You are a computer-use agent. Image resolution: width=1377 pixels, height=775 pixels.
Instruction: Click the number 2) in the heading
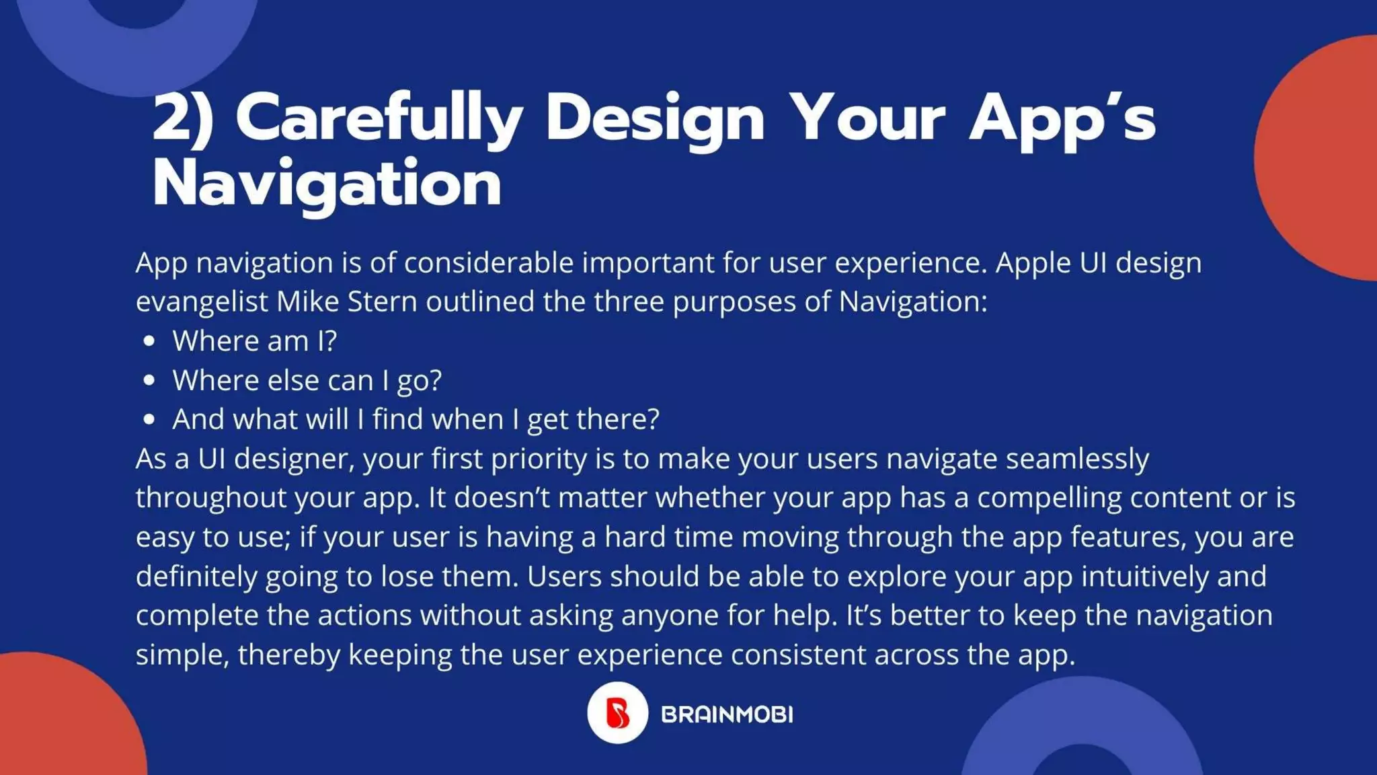point(183,118)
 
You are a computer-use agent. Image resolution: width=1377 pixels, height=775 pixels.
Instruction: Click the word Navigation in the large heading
point(327,184)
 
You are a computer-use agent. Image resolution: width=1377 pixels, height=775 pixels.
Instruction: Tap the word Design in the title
point(655,118)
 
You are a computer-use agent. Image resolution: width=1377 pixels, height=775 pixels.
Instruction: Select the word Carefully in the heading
point(379,118)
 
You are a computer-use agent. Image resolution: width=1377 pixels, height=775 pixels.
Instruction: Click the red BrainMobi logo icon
point(617,713)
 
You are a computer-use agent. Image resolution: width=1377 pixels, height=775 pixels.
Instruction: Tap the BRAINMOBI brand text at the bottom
point(727,714)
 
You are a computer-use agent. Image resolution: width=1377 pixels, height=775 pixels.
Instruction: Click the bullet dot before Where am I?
point(149,341)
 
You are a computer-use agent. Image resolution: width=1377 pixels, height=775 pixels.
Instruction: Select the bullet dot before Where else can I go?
point(149,380)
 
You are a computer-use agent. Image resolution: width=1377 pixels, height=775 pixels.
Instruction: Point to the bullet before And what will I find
point(149,420)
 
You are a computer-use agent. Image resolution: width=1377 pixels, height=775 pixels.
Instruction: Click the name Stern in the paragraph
point(382,301)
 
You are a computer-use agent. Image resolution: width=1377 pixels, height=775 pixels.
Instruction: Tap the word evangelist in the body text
point(202,302)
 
